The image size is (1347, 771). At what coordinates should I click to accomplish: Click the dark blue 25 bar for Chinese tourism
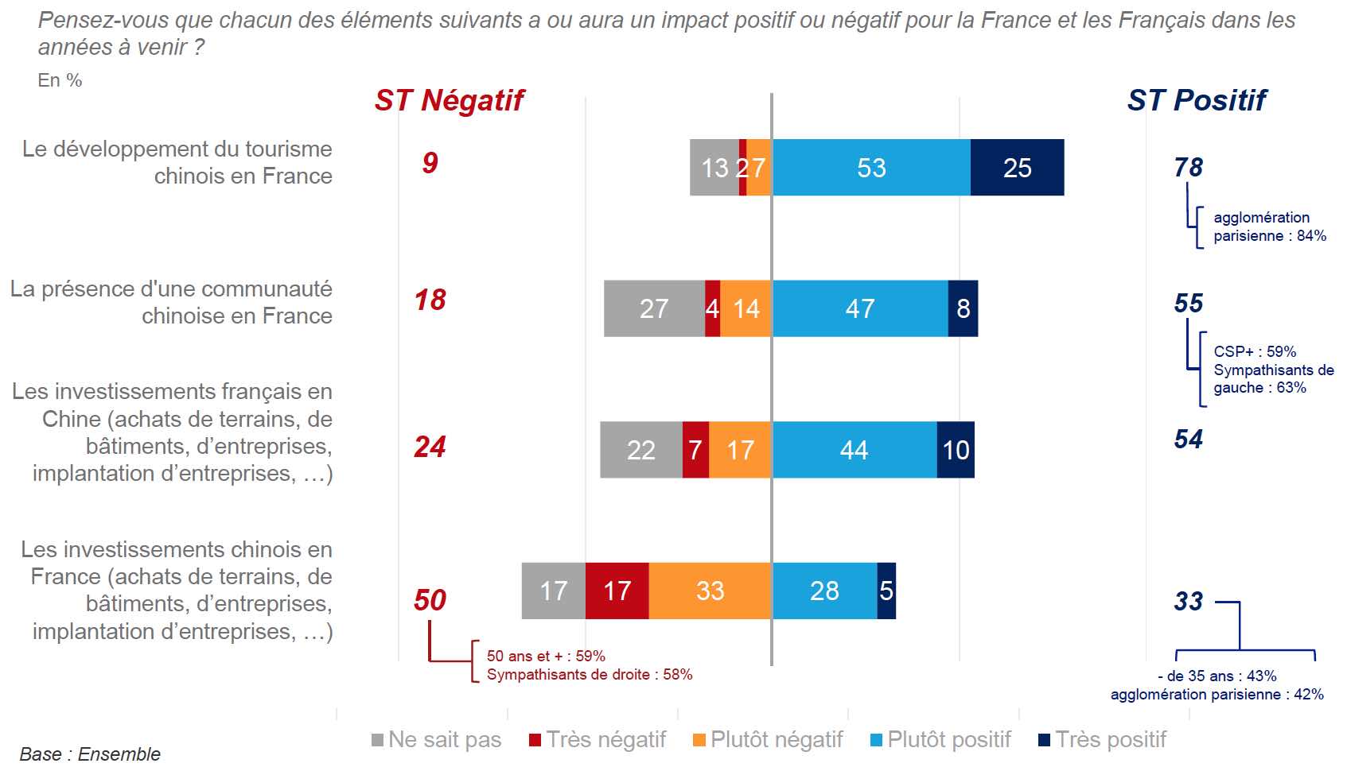point(1017,168)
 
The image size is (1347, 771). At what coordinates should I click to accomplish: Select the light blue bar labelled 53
point(871,168)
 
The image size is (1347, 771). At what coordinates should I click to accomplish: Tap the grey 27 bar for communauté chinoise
point(654,308)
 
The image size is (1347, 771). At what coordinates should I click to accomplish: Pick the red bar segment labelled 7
point(695,450)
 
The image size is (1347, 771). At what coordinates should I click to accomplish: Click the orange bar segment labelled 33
point(710,591)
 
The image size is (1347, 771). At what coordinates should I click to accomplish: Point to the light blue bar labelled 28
point(824,591)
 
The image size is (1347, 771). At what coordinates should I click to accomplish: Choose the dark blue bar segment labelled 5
point(886,591)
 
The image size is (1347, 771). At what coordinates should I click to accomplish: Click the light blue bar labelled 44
point(854,450)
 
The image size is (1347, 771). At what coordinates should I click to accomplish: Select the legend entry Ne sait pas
point(437,740)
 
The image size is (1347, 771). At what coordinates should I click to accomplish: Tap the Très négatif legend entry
point(598,740)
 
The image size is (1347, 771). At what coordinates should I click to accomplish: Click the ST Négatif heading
point(449,101)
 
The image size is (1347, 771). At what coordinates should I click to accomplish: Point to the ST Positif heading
point(1196,101)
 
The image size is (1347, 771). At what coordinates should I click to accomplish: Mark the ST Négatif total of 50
point(430,600)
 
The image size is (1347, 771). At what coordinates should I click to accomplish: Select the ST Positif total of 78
point(1188,168)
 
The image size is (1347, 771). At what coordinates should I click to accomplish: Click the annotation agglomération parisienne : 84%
point(1269,227)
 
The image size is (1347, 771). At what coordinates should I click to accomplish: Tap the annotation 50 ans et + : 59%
point(546,656)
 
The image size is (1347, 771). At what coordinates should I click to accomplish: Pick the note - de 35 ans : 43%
point(1217,676)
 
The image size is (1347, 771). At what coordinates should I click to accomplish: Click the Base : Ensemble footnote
point(90,754)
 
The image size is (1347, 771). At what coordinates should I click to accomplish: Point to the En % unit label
point(60,80)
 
